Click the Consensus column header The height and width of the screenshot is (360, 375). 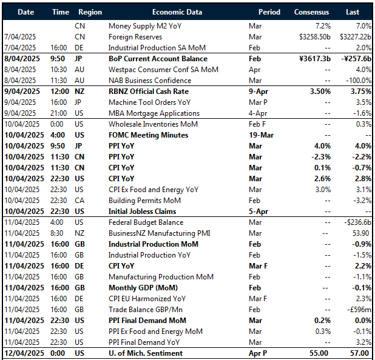[x=311, y=12]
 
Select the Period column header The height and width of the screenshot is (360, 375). [x=269, y=12]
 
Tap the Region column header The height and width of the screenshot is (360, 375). [x=90, y=12]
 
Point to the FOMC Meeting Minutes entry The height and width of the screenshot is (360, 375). [x=148, y=135]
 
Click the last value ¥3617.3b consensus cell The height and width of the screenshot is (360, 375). [x=312, y=59]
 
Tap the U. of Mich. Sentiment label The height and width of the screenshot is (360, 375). [x=145, y=353]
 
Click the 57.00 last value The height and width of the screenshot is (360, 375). [x=359, y=353]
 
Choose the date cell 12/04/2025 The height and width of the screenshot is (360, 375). [x=24, y=353]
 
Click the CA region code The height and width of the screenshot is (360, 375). [x=80, y=201]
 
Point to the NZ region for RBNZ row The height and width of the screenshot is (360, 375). [x=80, y=92]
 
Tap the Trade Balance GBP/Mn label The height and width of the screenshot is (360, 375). [x=146, y=310]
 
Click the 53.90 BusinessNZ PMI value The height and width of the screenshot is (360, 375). [x=360, y=233]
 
